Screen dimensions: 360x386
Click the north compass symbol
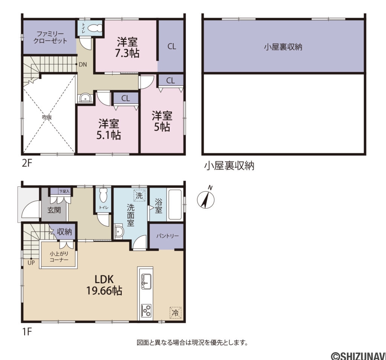206,198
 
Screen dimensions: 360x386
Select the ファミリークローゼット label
49,37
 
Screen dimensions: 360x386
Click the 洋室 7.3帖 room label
127,47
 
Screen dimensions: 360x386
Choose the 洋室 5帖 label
162,121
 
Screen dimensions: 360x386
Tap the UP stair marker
31,263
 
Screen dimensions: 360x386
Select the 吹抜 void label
47,117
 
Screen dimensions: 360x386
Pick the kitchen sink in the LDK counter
146,281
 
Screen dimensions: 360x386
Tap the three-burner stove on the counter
146,310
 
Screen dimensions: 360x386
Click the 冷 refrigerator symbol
175,312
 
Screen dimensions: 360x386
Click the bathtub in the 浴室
173,205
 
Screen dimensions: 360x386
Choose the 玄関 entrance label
54,210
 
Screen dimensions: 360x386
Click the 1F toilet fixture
103,195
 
